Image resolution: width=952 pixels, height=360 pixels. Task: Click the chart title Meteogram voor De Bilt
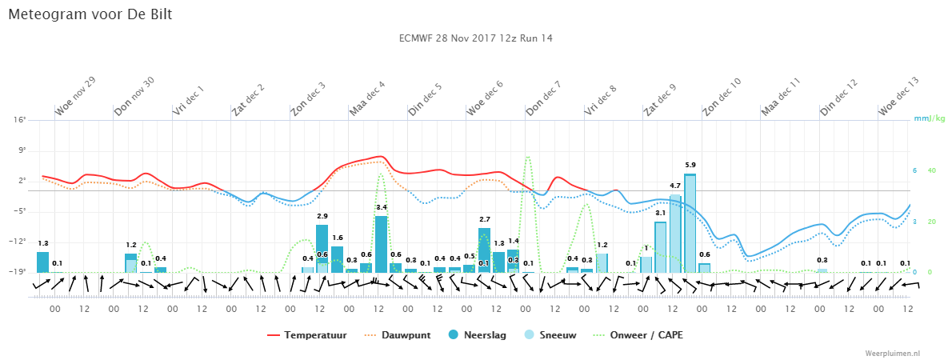pos(90,14)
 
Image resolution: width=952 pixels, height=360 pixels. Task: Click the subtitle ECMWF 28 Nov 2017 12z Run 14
pos(476,38)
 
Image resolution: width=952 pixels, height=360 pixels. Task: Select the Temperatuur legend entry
pos(307,334)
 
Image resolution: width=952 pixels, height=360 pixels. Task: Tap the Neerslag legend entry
pos(477,334)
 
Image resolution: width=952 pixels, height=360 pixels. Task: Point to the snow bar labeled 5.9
pos(690,223)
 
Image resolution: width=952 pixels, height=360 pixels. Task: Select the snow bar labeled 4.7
pos(675,234)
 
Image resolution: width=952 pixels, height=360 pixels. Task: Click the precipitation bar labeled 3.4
pos(381,244)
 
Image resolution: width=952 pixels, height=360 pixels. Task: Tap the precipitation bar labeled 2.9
pos(322,248)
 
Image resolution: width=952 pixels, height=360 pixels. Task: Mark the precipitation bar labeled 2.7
pos(484,250)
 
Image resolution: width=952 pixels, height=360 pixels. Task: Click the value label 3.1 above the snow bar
pos(661,213)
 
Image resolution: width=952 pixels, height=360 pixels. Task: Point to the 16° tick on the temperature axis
pos(22,120)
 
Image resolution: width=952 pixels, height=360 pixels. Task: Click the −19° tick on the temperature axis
pos(19,272)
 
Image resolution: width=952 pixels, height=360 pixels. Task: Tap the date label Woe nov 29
pos(74,96)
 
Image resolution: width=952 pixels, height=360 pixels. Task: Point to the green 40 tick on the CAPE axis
pos(932,170)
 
